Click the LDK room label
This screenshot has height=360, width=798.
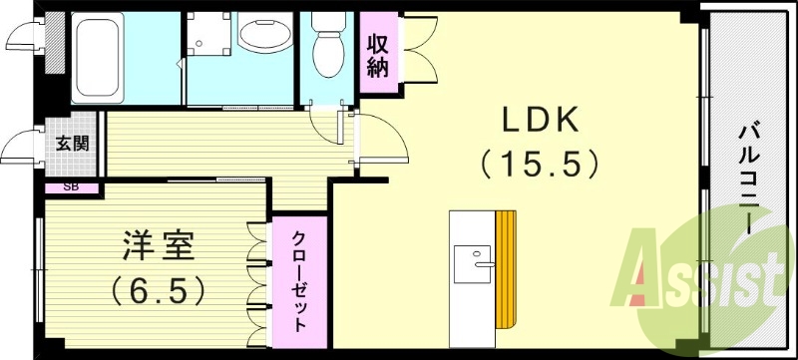point(539,122)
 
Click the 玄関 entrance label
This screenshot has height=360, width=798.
point(71,142)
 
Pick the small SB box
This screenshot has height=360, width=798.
point(71,186)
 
